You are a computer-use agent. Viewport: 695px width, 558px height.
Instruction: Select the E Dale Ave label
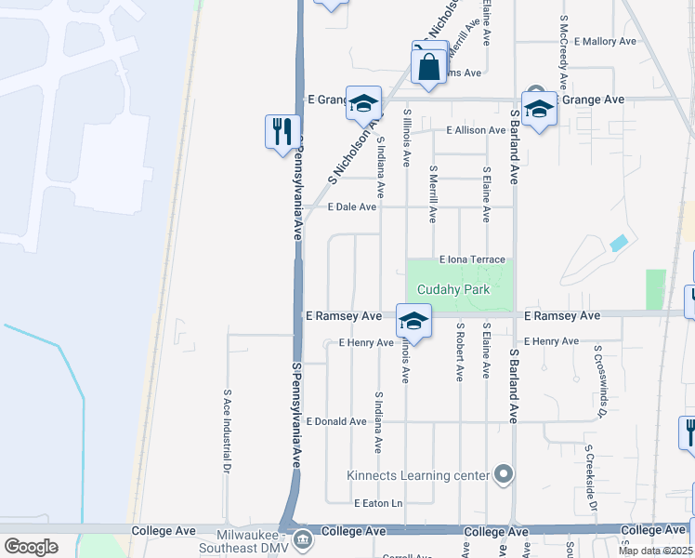pyautogui.click(x=341, y=207)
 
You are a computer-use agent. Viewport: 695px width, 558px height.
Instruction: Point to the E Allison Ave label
pyautogui.click(x=476, y=130)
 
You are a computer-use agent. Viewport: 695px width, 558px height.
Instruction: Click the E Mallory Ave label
pyautogui.click(x=605, y=42)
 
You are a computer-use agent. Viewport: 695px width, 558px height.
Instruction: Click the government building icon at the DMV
pyautogui.click(x=303, y=539)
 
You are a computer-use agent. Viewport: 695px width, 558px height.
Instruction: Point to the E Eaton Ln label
pyautogui.click(x=378, y=503)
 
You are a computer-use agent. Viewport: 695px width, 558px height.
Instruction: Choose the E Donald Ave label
pyautogui.click(x=335, y=421)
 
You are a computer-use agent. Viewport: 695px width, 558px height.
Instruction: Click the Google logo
pyautogui.click(x=31, y=546)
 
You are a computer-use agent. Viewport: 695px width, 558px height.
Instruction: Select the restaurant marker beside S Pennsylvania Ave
pyautogui.click(x=282, y=132)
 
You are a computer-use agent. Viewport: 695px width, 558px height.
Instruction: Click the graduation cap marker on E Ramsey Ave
pyautogui.click(x=413, y=322)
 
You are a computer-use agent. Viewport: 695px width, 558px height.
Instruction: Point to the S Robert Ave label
pyautogui.click(x=459, y=352)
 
